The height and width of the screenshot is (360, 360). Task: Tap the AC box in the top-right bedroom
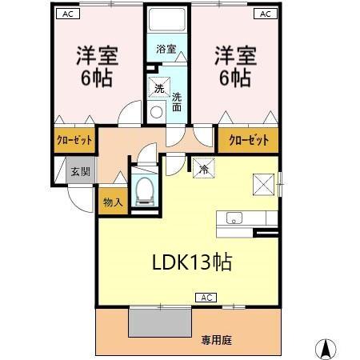pos(263,14)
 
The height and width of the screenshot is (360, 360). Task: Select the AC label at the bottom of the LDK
pos(205,298)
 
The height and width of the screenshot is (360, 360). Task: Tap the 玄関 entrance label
pos(79,170)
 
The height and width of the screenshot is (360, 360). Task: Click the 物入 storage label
pos(112,202)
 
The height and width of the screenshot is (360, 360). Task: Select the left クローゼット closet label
pos(74,141)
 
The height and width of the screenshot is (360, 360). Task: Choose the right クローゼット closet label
pos(248,141)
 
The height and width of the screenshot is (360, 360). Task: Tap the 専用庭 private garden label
pos(216,340)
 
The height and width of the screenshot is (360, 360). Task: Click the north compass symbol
pos(326,348)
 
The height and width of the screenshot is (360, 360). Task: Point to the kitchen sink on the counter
pos(234,218)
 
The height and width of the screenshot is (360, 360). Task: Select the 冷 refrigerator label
pos(204,169)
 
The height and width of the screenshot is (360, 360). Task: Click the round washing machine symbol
pos(156,111)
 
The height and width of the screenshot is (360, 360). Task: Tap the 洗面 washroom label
pos(177,103)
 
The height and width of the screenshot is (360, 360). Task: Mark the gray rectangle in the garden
pos(160,322)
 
